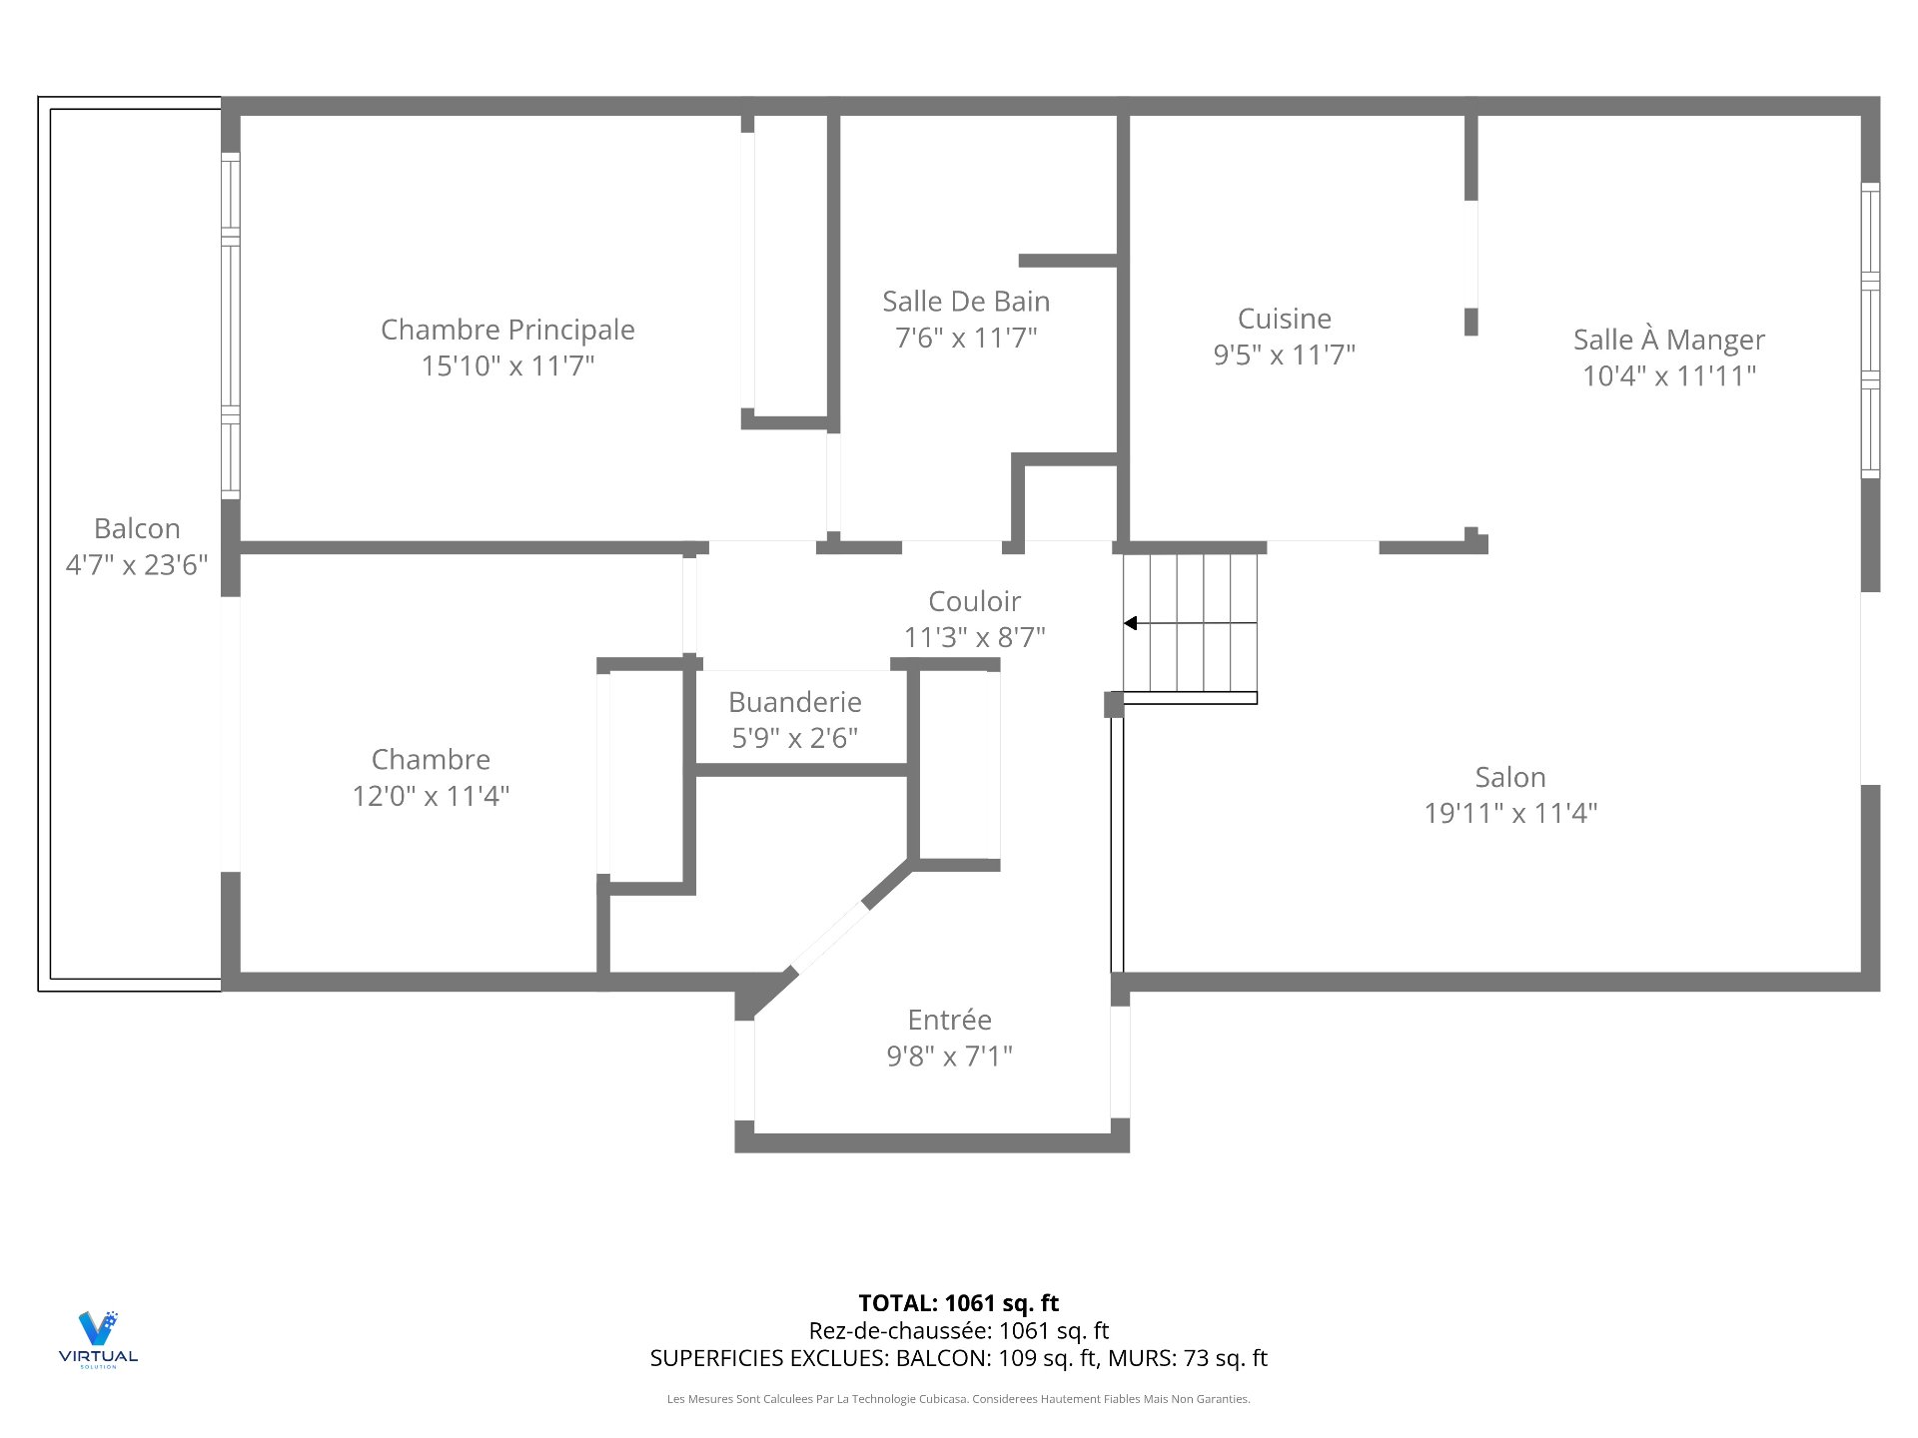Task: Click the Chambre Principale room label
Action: click(x=507, y=330)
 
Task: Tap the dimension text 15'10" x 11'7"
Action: click(x=507, y=365)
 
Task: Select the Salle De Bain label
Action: click(x=965, y=302)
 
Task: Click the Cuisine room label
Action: click(x=1284, y=319)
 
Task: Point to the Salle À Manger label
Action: click(x=1668, y=340)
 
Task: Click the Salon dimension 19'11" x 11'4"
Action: click(x=1509, y=813)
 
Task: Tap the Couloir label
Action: click(x=974, y=601)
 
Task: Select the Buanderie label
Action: click(x=794, y=702)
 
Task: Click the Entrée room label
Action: click(x=949, y=1020)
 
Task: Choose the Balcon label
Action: click(x=137, y=528)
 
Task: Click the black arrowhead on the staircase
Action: click(x=1130, y=623)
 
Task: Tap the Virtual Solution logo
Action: click(x=98, y=1338)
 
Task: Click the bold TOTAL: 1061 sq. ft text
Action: click(x=958, y=1303)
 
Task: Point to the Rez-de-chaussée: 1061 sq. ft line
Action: click(x=958, y=1330)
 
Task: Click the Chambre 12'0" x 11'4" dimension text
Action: click(x=431, y=796)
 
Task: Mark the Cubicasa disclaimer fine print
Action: click(x=958, y=1399)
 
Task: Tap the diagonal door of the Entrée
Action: click(x=829, y=937)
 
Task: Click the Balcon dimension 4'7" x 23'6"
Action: click(x=137, y=565)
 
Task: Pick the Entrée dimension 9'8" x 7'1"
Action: click(x=949, y=1056)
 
